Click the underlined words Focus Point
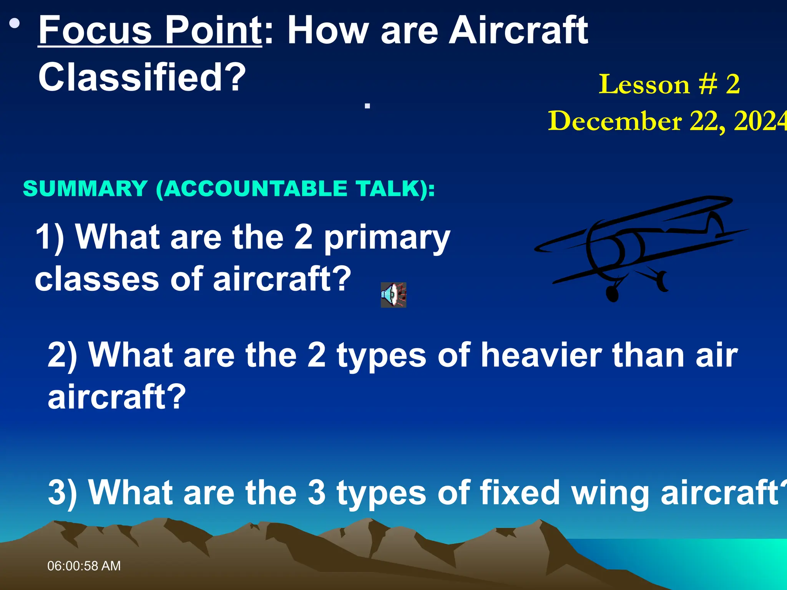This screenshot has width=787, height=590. tap(150, 31)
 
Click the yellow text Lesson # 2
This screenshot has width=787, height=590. tap(669, 85)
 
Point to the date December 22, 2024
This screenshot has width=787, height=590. tap(667, 121)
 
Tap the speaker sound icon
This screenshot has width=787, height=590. tap(393, 295)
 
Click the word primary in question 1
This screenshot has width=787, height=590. tap(387, 238)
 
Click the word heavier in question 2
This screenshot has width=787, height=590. tap(541, 355)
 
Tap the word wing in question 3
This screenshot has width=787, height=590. tap(611, 494)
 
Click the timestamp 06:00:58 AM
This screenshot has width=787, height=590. tap(84, 566)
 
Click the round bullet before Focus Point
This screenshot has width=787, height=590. tap(15, 24)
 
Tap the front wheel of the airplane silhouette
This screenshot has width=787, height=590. tap(612, 294)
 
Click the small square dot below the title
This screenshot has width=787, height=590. tap(367, 106)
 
